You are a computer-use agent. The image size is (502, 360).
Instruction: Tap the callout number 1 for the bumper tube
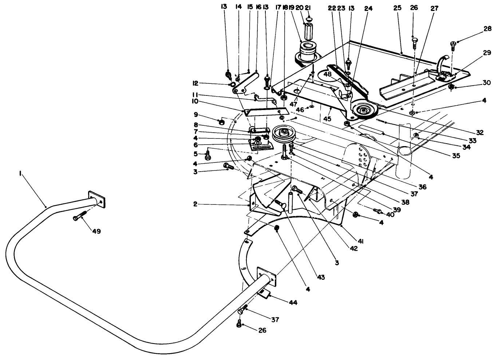(x=20, y=175)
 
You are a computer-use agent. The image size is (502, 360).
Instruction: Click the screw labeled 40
(x=378, y=211)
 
